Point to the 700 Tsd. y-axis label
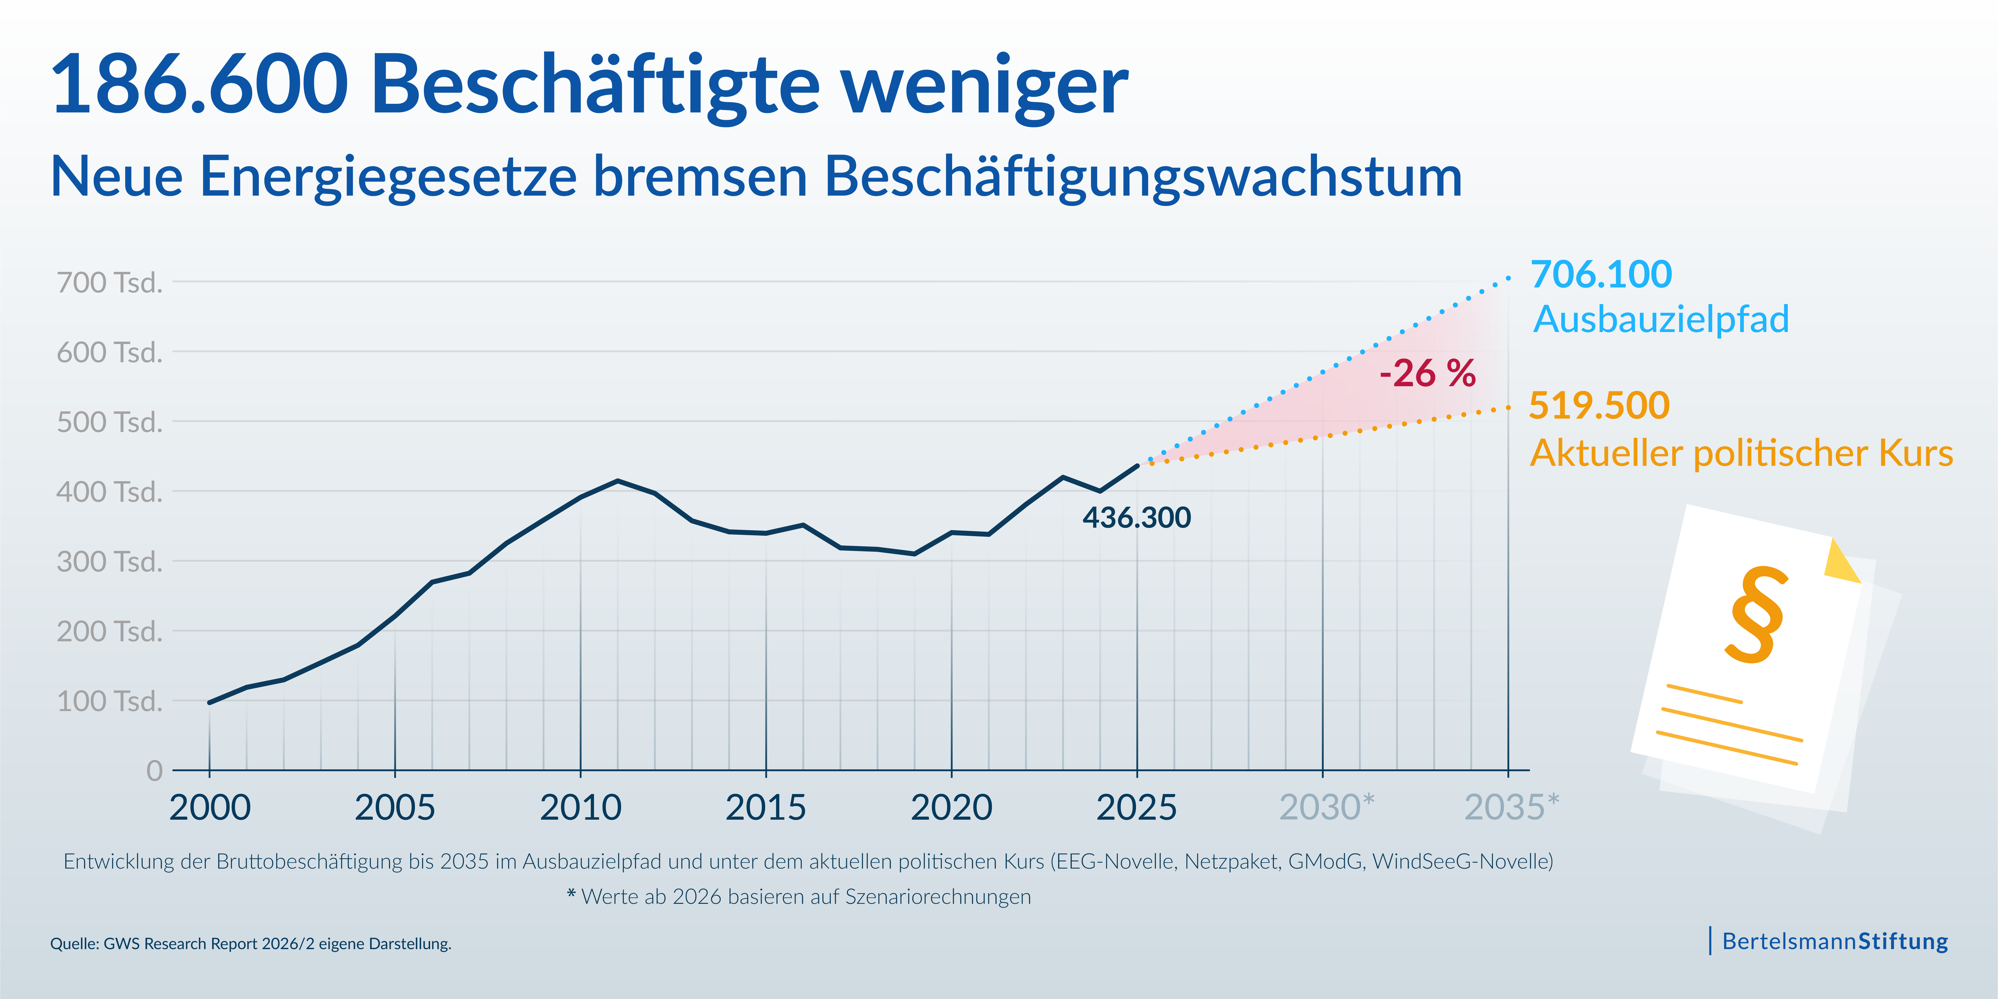click(109, 282)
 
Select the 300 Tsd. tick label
click(109, 561)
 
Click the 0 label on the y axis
click(154, 771)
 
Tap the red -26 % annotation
click(1427, 374)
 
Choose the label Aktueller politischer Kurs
click(1741, 453)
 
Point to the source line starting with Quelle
click(250, 944)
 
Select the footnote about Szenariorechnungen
click(799, 897)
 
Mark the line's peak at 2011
click(617, 481)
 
